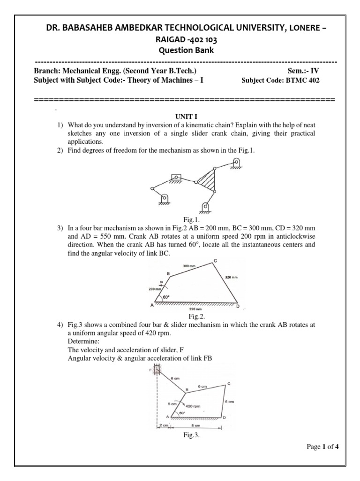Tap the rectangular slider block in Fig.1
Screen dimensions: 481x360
[x=176, y=178]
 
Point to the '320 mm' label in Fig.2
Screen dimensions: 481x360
[x=231, y=278]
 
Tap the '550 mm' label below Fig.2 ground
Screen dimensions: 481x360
[x=193, y=310]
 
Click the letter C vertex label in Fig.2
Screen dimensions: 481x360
[x=215, y=261]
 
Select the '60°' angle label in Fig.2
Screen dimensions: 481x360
[x=165, y=297]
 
